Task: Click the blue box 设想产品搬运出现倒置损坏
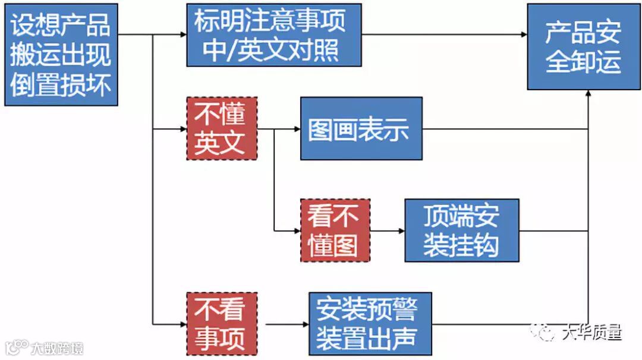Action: point(61,55)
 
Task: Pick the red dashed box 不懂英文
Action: point(221,128)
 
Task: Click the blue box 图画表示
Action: point(361,129)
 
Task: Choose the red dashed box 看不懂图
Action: point(335,230)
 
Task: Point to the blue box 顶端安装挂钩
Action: point(461,230)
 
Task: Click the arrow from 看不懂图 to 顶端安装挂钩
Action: point(386,230)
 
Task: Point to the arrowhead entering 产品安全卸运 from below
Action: point(588,94)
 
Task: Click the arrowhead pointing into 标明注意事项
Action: point(182,35)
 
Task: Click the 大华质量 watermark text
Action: point(591,333)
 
